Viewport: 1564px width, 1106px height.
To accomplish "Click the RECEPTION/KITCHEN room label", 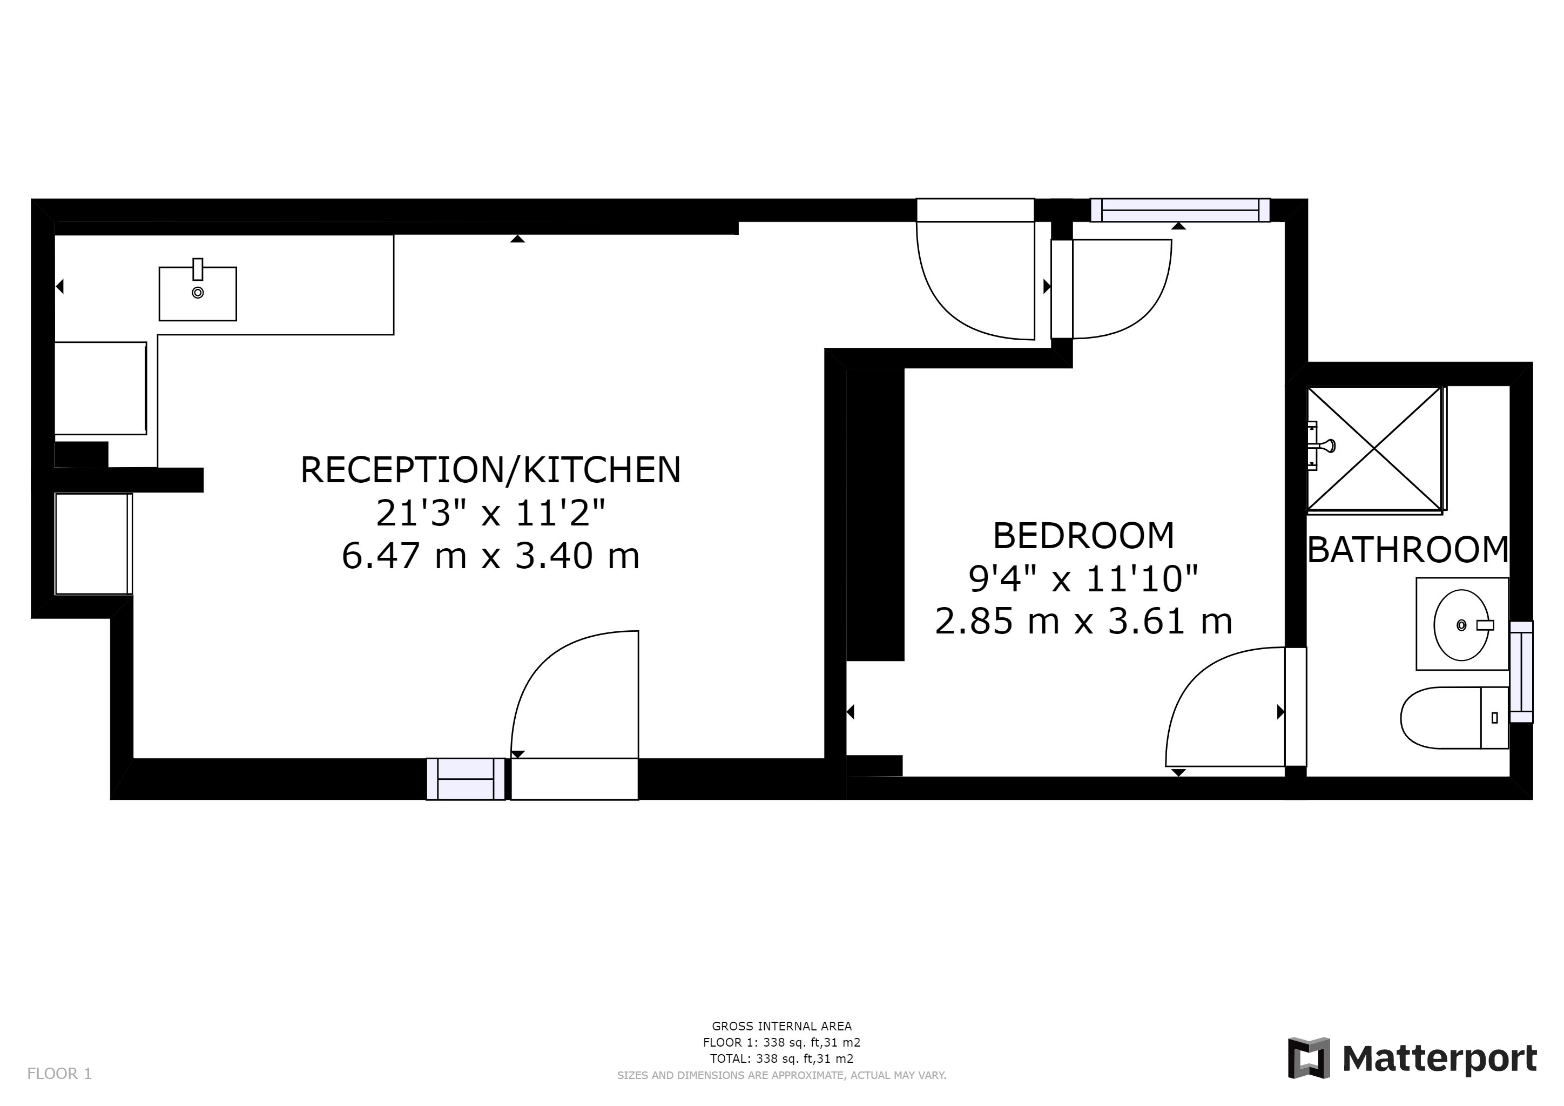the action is point(490,470).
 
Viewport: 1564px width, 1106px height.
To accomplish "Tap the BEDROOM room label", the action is point(1083,535).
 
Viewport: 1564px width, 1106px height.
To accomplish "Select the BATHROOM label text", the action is point(1408,550).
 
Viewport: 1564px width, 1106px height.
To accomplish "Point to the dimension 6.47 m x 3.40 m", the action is point(490,555).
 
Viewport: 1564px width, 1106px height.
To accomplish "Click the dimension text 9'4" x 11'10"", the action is point(1083,578).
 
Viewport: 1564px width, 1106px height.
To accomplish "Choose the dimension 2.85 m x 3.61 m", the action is point(1083,621).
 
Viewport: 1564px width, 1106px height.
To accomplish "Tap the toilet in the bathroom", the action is point(1454,717).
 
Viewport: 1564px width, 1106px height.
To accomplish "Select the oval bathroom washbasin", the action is point(1461,624).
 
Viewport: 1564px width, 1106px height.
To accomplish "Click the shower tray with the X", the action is point(1374,448).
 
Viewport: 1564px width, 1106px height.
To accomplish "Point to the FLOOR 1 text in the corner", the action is point(59,1074).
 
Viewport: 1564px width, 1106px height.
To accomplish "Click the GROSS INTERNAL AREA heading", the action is point(781,1026).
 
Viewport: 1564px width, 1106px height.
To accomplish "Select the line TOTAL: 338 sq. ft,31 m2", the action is point(781,1059).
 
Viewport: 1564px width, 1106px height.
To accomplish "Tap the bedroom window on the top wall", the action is point(1181,210).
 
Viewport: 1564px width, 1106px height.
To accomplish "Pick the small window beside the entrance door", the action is point(466,778).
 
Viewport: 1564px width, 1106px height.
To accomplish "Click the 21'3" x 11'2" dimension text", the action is point(490,513).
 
